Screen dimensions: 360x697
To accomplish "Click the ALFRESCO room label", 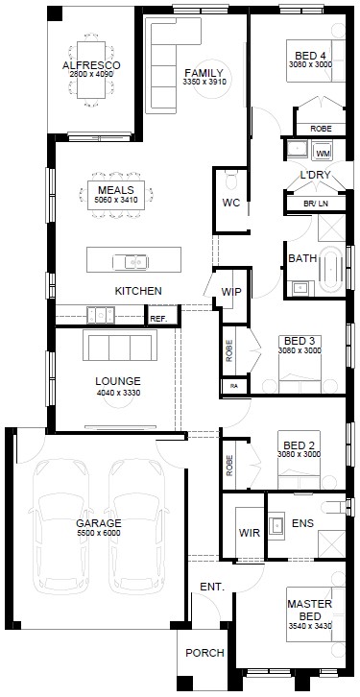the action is tap(91, 65).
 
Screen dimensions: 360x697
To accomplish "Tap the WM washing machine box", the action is tap(323, 153).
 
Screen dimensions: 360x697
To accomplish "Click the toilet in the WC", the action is tap(231, 180).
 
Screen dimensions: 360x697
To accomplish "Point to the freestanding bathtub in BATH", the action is tap(331, 269).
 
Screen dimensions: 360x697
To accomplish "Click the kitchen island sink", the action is tap(130, 262).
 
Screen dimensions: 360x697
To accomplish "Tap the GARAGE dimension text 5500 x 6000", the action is tap(98, 533).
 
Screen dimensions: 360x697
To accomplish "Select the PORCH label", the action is tap(204, 653).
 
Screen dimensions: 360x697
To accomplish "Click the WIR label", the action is tap(250, 533).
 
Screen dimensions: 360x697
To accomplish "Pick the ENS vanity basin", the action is tap(276, 525).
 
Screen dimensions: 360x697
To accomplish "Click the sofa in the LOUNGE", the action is tap(120, 346).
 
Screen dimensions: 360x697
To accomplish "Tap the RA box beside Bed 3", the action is tap(234, 386).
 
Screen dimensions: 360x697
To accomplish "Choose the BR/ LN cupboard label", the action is tap(316, 204).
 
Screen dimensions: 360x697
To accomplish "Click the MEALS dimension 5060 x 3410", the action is tap(116, 200).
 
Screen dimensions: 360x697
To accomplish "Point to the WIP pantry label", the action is tap(231, 292).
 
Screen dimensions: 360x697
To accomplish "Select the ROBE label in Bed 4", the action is tap(321, 129).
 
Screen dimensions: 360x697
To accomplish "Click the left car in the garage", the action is tap(60, 527).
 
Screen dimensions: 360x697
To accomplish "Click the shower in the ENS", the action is tap(331, 543).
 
